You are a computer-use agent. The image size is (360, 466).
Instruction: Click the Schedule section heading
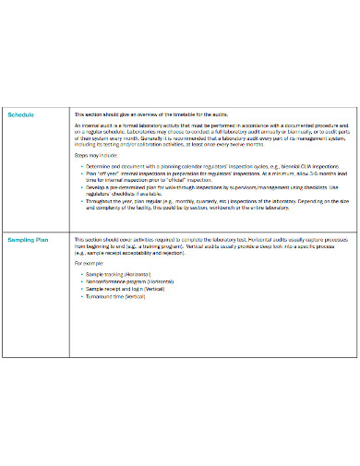pos(21,114)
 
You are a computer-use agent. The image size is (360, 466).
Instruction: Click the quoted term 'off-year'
pos(104,173)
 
